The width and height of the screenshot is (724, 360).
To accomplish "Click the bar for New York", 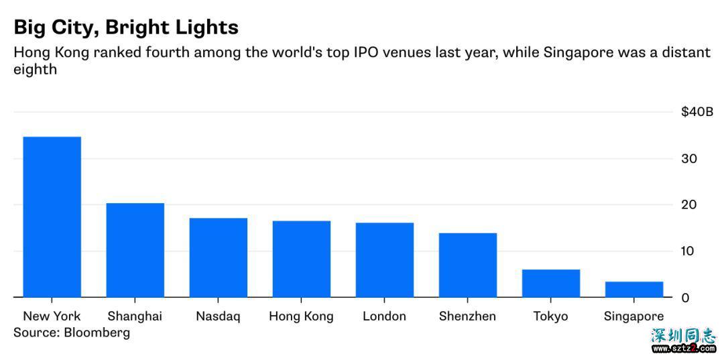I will pyautogui.click(x=52, y=217).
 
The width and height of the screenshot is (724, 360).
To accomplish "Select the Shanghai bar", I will pyautogui.click(x=135, y=249).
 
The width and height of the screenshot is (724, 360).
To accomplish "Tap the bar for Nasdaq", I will pyautogui.click(x=219, y=257).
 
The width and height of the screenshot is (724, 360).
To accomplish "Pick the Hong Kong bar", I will pyautogui.click(x=302, y=259).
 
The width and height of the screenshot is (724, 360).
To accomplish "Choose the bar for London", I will pyautogui.click(x=385, y=259).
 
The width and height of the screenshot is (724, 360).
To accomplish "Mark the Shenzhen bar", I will pyautogui.click(x=468, y=265).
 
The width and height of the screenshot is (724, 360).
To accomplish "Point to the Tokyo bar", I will pyautogui.click(x=551, y=283).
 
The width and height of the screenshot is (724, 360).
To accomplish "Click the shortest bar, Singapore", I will pyautogui.click(x=634, y=289).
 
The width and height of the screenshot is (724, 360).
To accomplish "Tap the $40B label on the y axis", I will pyautogui.click(x=697, y=112).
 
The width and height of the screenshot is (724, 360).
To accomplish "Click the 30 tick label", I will pyautogui.click(x=688, y=159).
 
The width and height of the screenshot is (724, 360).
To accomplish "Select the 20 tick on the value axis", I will pyautogui.click(x=688, y=204).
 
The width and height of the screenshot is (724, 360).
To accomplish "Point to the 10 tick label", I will pyautogui.click(x=688, y=251).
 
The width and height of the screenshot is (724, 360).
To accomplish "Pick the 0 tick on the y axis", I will pyautogui.click(x=685, y=297).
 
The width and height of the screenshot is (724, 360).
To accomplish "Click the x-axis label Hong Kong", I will pyautogui.click(x=301, y=316).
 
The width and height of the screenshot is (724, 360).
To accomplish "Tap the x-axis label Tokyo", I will pyautogui.click(x=550, y=316).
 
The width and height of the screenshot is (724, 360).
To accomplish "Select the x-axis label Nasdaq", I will pyautogui.click(x=218, y=316).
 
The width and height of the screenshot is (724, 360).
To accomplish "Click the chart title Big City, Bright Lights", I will pyautogui.click(x=126, y=27).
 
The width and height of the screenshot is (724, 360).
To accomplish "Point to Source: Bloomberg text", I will pyautogui.click(x=72, y=333).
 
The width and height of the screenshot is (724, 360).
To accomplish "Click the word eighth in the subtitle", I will pyautogui.click(x=35, y=69).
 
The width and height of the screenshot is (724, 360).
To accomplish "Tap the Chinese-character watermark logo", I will pyautogui.click(x=684, y=336).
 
